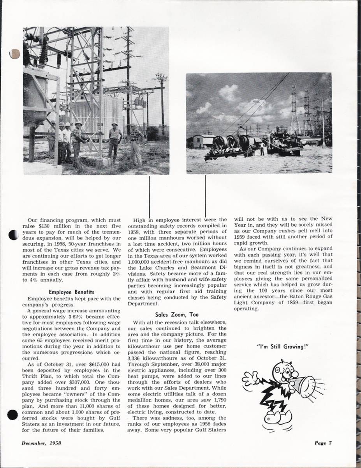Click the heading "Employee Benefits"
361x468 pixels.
click(72, 292)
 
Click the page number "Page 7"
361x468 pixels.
click(323, 443)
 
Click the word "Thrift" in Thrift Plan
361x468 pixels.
click(30, 376)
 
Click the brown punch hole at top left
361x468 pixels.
click(14, 54)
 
